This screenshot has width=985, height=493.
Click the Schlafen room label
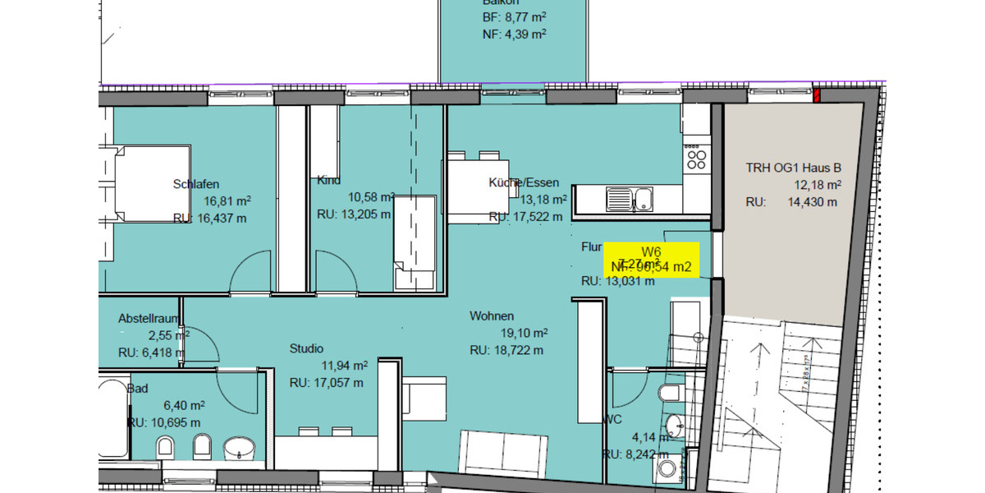pos(196,184)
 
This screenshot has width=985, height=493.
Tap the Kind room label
pos(328,181)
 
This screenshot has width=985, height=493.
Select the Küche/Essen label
pos(523,182)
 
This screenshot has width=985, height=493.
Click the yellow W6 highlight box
pos(651,260)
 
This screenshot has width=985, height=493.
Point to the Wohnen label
pos(492,316)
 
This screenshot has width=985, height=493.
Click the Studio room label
pos(306,348)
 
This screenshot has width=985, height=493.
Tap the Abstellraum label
pos(149,318)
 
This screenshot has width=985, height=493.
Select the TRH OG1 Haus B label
pos(793,168)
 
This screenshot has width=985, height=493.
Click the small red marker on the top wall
pos(817,96)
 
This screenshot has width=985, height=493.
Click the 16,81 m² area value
pos(228,200)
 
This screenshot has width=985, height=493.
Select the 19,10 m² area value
pos(525,333)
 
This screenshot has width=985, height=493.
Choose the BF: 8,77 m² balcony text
pos(514,17)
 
